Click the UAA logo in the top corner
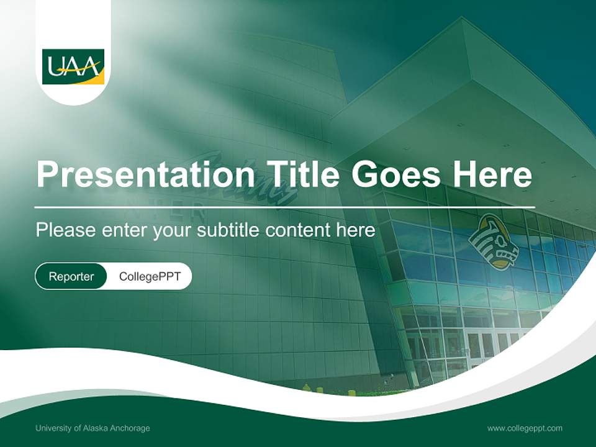point(73,66)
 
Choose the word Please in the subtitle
point(63,230)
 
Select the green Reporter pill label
point(71,276)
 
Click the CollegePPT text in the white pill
point(150,276)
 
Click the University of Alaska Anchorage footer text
point(93,428)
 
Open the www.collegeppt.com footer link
point(525,428)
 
